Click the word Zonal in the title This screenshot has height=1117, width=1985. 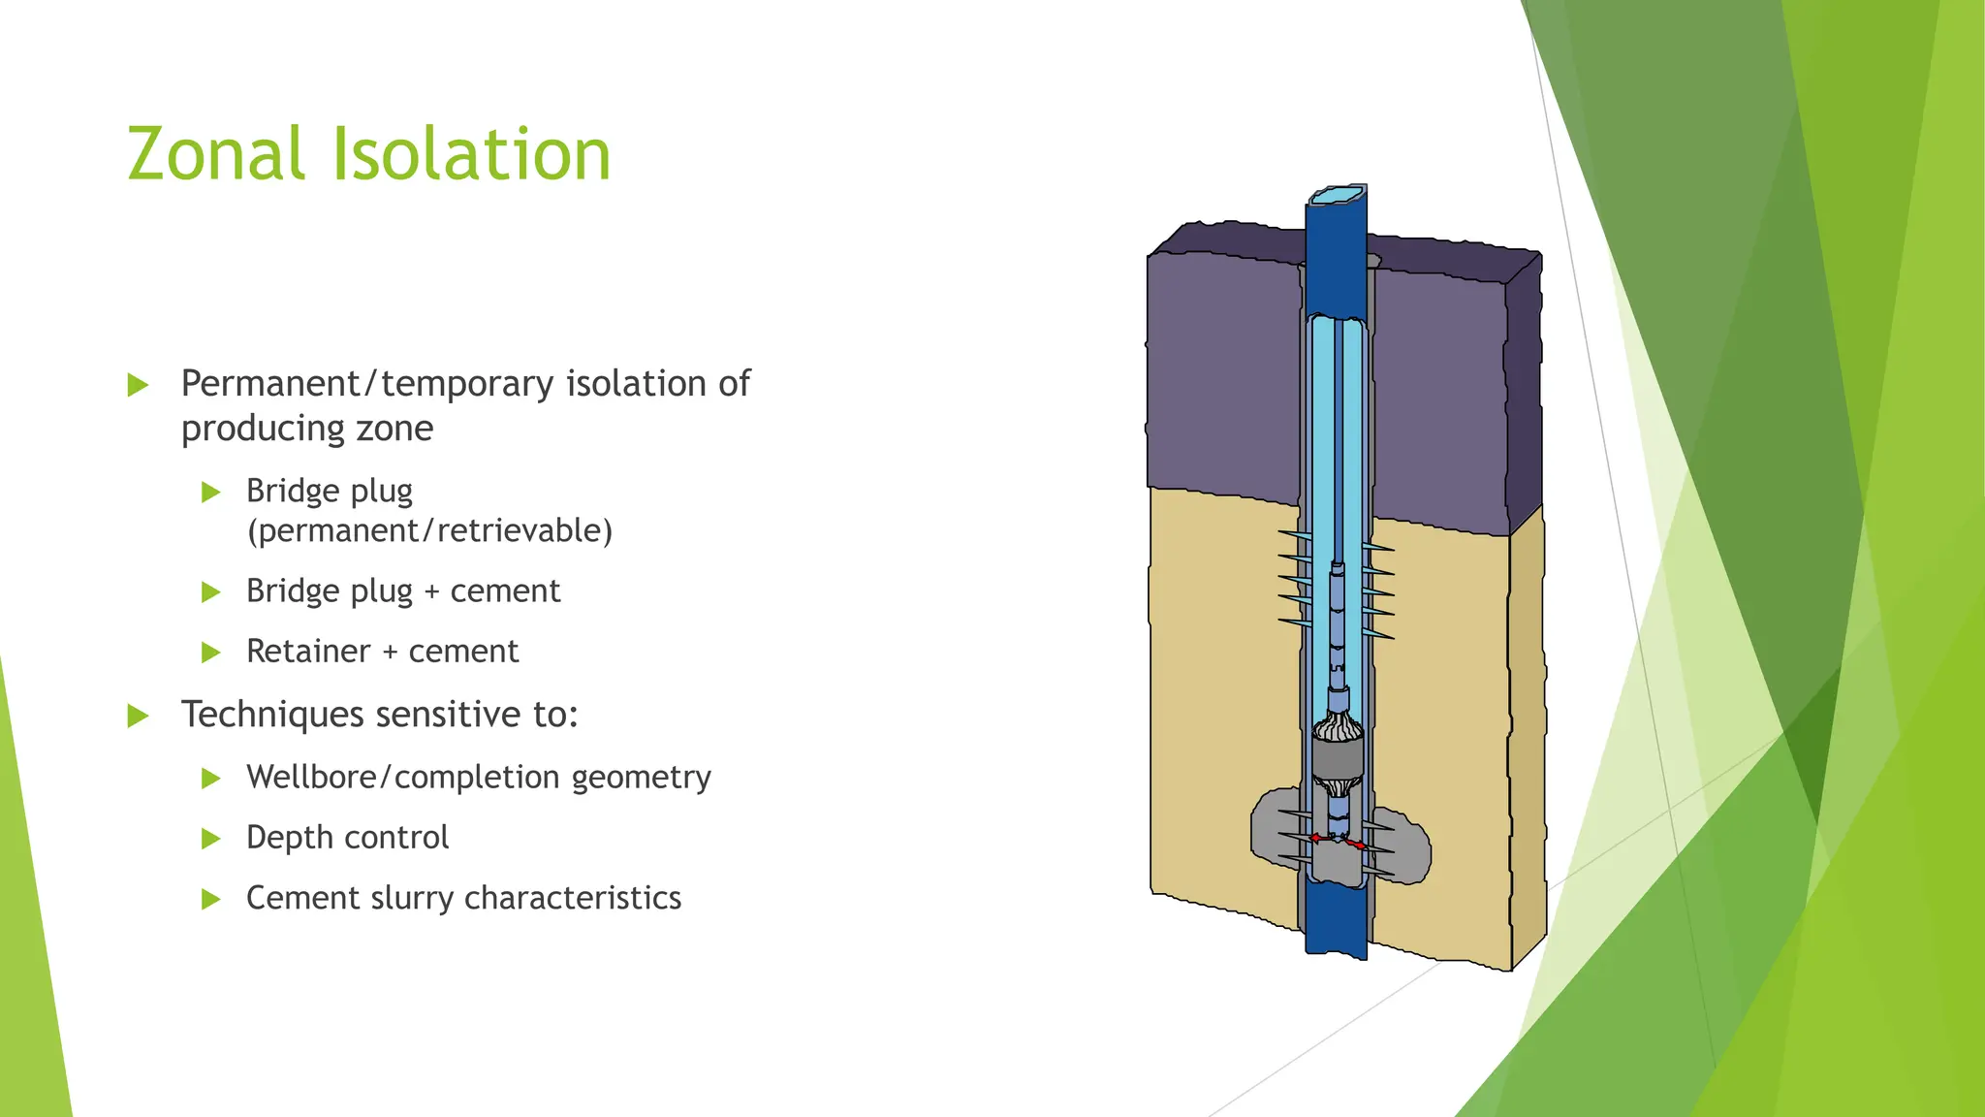(x=220, y=154)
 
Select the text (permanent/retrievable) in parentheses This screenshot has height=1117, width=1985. (x=429, y=530)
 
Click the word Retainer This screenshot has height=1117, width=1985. (x=308, y=651)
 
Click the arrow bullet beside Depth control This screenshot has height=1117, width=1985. (x=210, y=839)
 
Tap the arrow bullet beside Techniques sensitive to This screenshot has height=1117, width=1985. (x=138, y=717)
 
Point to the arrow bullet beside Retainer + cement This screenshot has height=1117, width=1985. (x=210, y=652)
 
